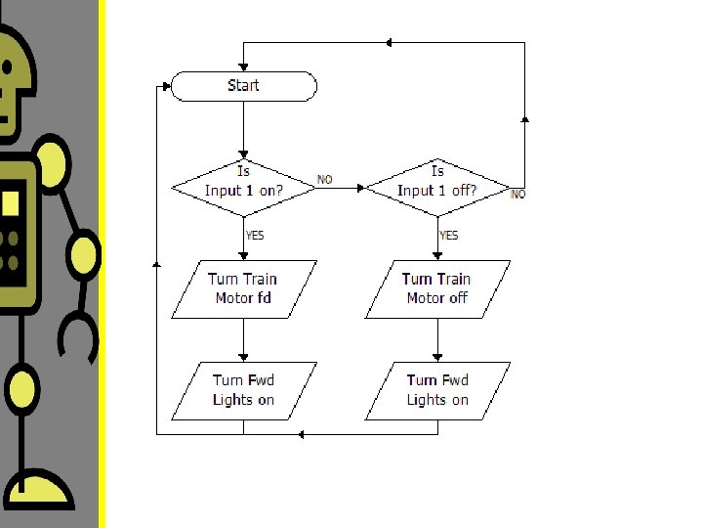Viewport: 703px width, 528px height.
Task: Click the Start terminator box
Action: [243, 86]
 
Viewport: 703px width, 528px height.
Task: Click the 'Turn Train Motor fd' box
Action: [243, 288]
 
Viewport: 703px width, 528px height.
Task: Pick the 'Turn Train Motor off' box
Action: [437, 288]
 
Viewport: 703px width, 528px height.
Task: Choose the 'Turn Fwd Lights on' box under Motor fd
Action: [243, 390]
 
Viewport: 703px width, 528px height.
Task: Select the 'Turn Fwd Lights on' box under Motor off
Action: [437, 390]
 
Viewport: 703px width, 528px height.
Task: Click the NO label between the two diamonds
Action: [325, 180]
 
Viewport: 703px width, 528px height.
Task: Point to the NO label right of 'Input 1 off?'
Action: [518, 195]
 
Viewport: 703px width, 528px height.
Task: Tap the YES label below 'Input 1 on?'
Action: [254, 235]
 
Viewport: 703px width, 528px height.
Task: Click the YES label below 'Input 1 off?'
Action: [449, 235]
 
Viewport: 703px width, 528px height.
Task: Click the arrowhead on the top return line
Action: [389, 42]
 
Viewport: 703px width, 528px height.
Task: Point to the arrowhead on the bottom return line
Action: [301, 433]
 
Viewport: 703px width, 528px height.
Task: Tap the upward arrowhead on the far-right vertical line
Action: [525, 118]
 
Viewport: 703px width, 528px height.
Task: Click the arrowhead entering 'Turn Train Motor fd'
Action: [243, 256]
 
